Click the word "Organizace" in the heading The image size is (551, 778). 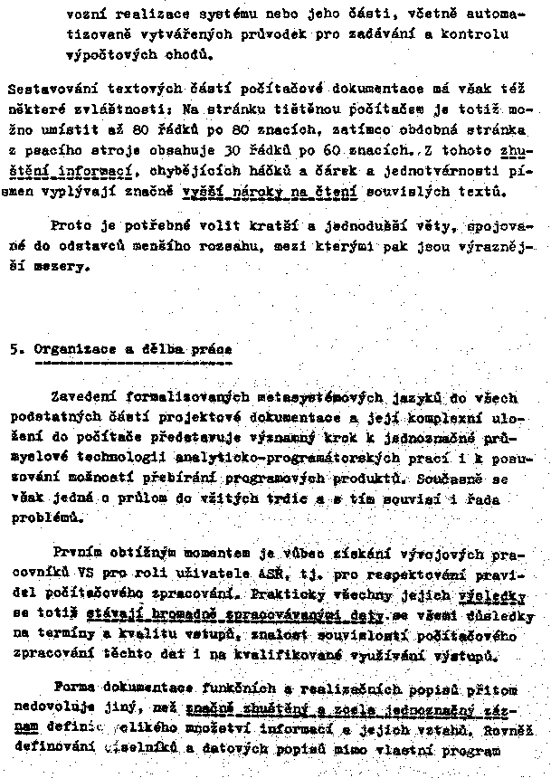click(x=68, y=348)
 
